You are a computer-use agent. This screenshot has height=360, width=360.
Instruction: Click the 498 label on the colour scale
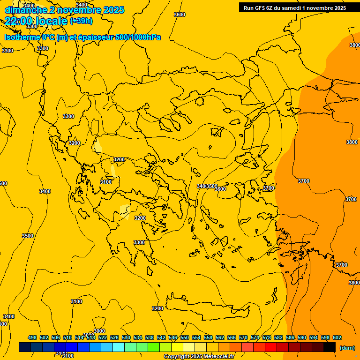[32, 337]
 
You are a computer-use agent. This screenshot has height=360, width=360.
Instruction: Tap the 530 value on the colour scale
[126, 337]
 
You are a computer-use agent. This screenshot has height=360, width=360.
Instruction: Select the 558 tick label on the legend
[208, 337]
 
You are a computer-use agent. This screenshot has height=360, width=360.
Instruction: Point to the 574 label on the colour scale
[255, 337]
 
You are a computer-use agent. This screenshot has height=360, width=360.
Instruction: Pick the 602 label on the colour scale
[337, 337]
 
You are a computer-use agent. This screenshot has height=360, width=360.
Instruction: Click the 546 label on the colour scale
[173, 337]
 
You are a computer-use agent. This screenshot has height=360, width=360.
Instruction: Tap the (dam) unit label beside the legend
[347, 347]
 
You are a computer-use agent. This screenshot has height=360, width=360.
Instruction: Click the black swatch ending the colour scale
[330, 347]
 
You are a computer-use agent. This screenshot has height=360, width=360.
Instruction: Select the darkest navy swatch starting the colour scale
[24, 347]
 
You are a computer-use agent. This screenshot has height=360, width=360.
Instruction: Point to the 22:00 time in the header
[20, 21]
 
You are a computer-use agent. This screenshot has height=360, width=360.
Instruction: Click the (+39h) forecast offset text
[81, 21]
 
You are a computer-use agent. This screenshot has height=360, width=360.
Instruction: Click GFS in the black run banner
[262, 7]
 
